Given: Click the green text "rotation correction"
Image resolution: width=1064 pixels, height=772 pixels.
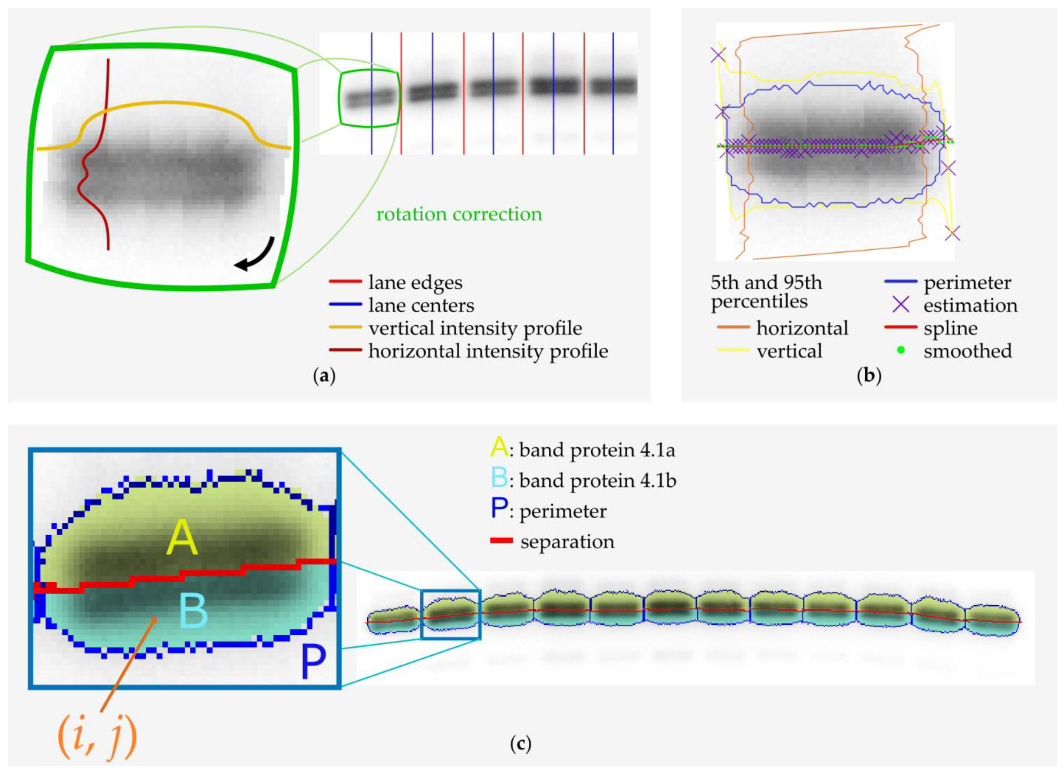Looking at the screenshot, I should [459, 214].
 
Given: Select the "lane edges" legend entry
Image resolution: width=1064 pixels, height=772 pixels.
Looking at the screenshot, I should [415, 283].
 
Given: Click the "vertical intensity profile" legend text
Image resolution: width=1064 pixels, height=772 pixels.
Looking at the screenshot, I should [475, 328].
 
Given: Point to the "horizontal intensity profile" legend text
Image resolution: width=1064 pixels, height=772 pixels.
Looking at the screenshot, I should [488, 351].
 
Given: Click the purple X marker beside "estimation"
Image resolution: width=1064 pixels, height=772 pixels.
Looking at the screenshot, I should [901, 306].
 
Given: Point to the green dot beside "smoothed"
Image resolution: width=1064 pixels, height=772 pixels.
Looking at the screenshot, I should [900, 350].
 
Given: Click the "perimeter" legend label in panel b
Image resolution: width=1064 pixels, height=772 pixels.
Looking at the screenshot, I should [967, 283].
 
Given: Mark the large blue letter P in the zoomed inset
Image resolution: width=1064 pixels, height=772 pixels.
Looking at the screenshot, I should [313, 662].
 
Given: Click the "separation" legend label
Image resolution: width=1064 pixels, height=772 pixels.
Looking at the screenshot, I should [567, 542].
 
